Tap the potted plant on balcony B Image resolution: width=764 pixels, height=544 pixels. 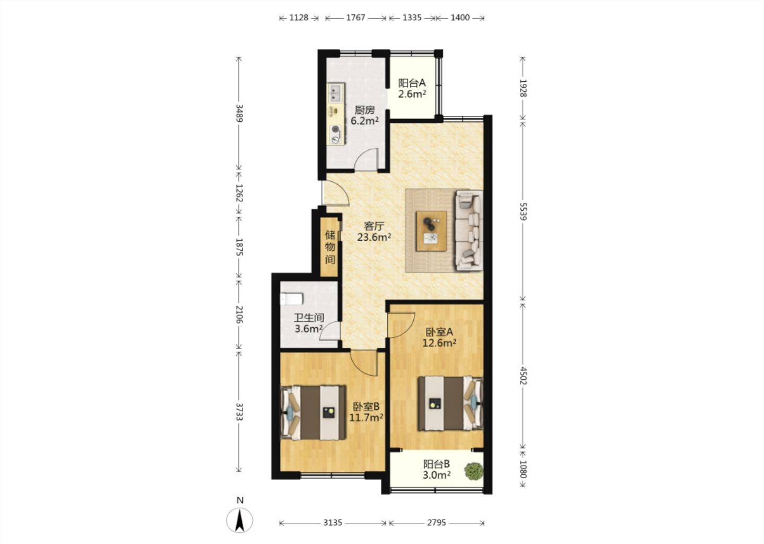pyautogui.click(x=474, y=471)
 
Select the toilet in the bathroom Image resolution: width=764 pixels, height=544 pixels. pyautogui.click(x=292, y=299)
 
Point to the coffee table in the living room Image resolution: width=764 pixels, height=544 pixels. pyautogui.click(x=431, y=231)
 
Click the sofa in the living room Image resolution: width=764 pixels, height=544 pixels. pyautogui.click(x=470, y=231)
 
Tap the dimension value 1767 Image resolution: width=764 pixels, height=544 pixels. pyautogui.click(x=355, y=18)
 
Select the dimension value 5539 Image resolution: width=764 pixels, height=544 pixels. pyautogui.click(x=523, y=211)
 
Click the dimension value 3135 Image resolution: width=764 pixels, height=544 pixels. pyautogui.click(x=333, y=523)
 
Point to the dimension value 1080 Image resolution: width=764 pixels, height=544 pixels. pyautogui.click(x=523, y=469)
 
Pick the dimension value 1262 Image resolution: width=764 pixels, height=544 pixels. pyautogui.click(x=239, y=193)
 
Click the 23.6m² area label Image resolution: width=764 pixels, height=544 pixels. pyautogui.click(x=374, y=236)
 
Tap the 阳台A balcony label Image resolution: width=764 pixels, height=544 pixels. pyautogui.click(x=412, y=83)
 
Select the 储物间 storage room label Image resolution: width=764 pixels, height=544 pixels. pyautogui.click(x=330, y=247)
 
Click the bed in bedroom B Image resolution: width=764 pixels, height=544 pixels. pyautogui.click(x=313, y=413)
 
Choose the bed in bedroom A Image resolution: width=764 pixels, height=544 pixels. pyautogui.click(x=451, y=404)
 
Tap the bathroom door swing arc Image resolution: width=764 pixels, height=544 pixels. pyautogui.click(x=328, y=328)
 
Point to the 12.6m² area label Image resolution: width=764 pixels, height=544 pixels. pyautogui.click(x=439, y=343)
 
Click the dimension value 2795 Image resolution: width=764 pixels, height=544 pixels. pyautogui.click(x=437, y=523)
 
